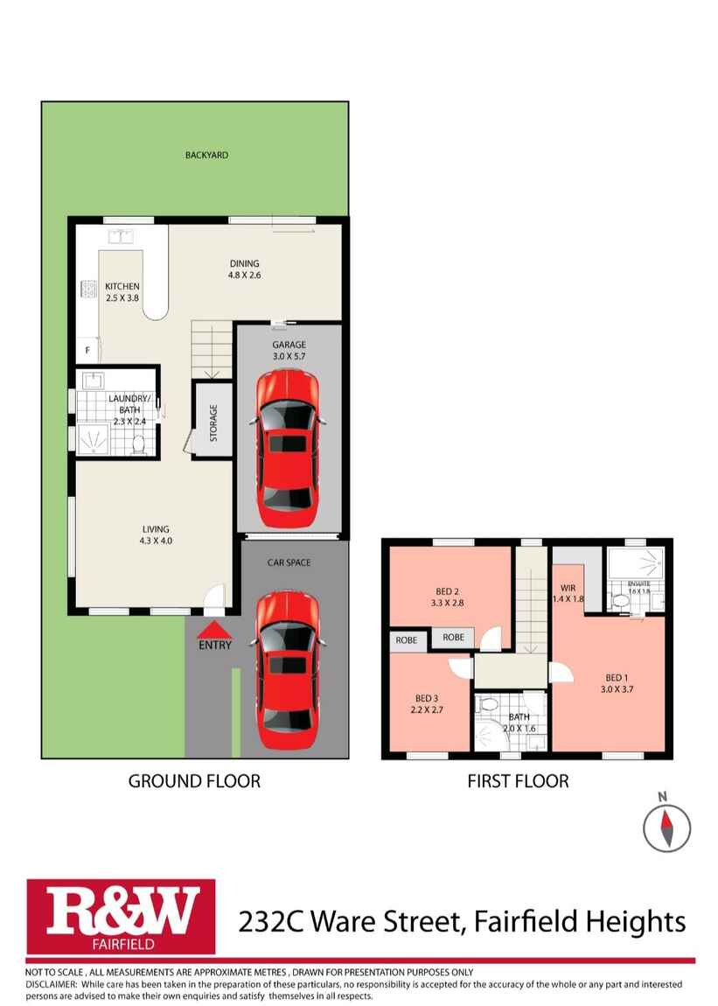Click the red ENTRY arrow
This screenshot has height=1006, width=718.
pyautogui.click(x=215, y=630)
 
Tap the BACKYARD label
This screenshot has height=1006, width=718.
pyautogui.click(x=206, y=155)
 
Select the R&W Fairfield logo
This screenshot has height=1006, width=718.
pyautogui.click(x=122, y=916)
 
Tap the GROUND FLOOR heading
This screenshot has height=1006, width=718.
pyautogui.click(x=194, y=781)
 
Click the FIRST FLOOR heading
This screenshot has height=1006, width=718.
pyautogui.click(x=518, y=781)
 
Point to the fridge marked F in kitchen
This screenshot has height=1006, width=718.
pyautogui.click(x=87, y=350)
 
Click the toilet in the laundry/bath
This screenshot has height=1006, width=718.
pyautogui.click(x=137, y=444)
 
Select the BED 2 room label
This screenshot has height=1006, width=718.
pyautogui.click(x=448, y=590)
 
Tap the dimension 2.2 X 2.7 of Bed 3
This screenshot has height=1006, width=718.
pyautogui.click(x=427, y=710)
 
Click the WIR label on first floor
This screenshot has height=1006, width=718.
pyautogui.click(x=567, y=587)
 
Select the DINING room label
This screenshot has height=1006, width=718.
pyautogui.click(x=245, y=263)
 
